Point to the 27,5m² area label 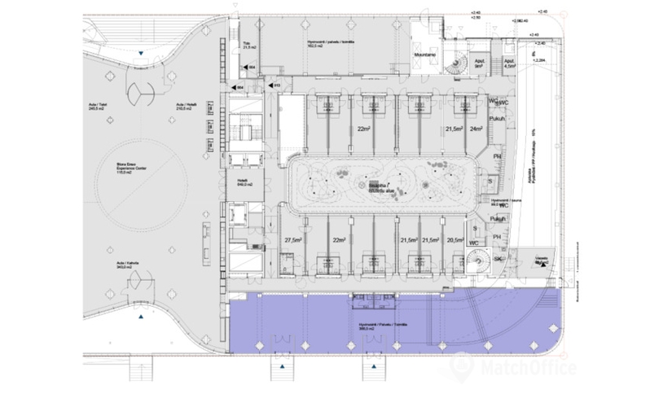pyautogui.click(x=292, y=241)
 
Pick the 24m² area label pyautogui.click(x=477, y=129)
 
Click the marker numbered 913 pyautogui.click(x=277, y=85)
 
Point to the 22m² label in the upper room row pyautogui.click(x=362, y=129)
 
